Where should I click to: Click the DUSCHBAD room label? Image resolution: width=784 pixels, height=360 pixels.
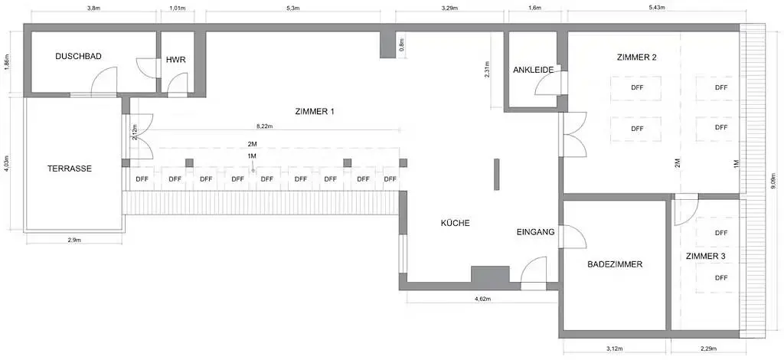tap(79, 57)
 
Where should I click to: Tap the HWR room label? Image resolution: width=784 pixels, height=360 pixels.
tap(176, 60)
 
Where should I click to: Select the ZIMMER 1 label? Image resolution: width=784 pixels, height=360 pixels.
tap(315, 112)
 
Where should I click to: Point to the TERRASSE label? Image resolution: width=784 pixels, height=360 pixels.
tap(70, 169)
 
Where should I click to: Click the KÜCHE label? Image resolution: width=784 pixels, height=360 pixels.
tap(455, 223)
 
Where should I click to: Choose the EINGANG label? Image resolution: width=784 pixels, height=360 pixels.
tap(535, 232)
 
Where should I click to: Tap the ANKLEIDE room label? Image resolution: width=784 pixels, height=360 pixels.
tap(533, 70)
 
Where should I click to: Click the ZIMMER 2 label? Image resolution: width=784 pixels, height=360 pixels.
tap(637, 57)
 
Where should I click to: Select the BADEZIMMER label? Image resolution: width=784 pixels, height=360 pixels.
tap(615, 264)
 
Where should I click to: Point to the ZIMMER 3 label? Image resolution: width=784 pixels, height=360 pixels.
tap(705, 256)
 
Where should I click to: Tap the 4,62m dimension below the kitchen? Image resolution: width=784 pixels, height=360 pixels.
tap(482, 299)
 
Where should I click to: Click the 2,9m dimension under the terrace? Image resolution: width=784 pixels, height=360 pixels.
tap(73, 240)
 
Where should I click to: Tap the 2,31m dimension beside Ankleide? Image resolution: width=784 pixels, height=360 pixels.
tap(487, 70)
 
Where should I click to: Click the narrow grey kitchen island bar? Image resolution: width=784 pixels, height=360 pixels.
tap(496, 174)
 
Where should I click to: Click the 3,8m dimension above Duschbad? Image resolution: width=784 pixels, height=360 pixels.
tap(93, 8)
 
